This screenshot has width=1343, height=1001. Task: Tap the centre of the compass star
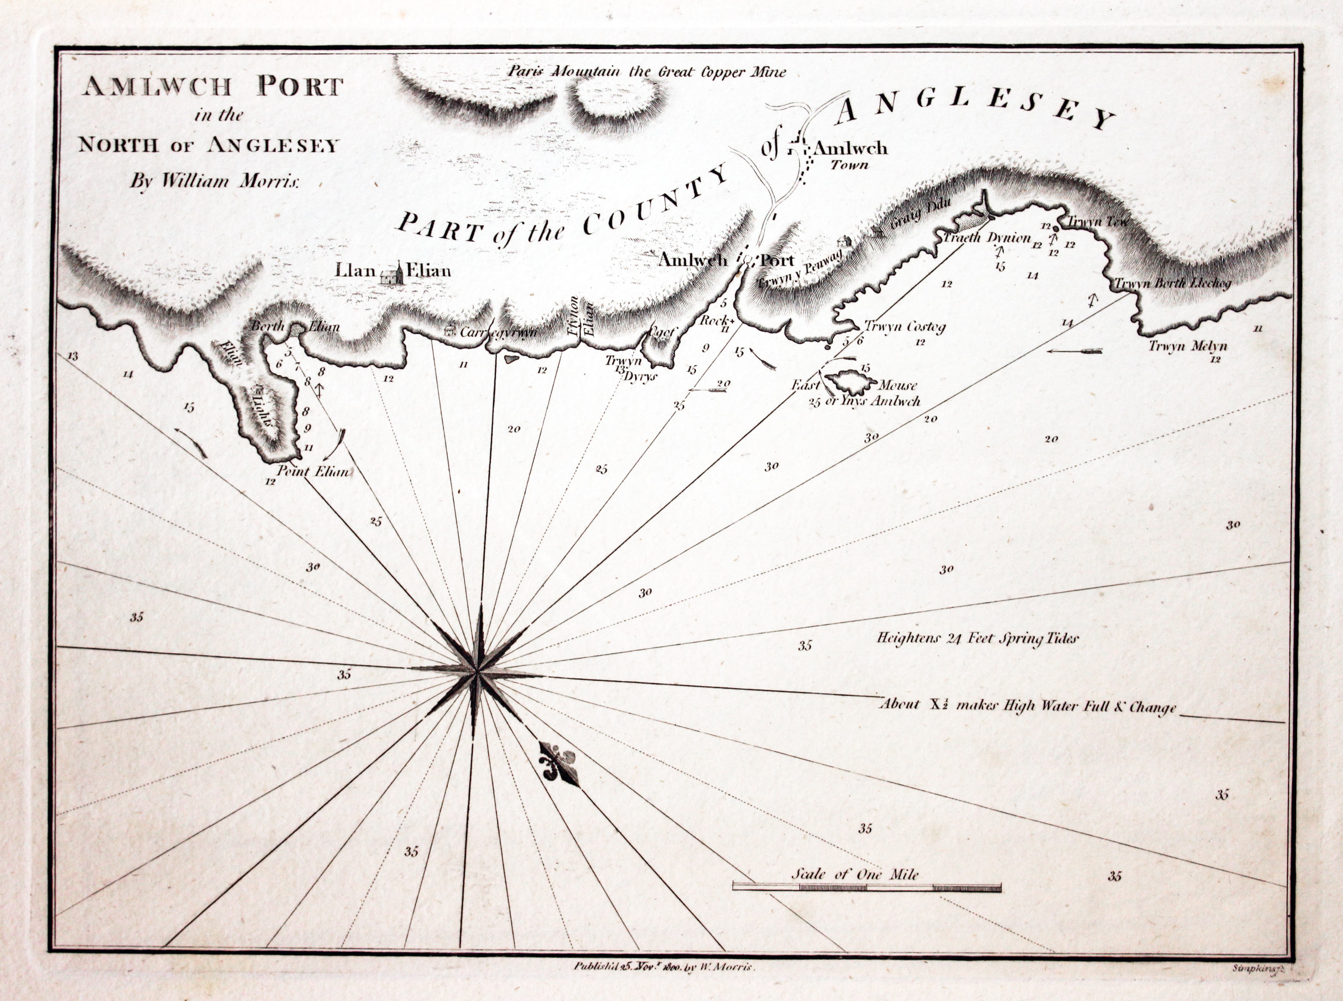[x=478, y=670]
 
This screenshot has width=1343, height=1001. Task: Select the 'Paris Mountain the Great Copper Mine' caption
[x=646, y=72]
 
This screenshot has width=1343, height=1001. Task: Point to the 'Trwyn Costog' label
[x=905, y=327]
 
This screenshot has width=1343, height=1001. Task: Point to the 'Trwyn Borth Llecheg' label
[x=1171, y=283]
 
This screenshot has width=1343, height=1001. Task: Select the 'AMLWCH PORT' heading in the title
[x=212, y=87]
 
